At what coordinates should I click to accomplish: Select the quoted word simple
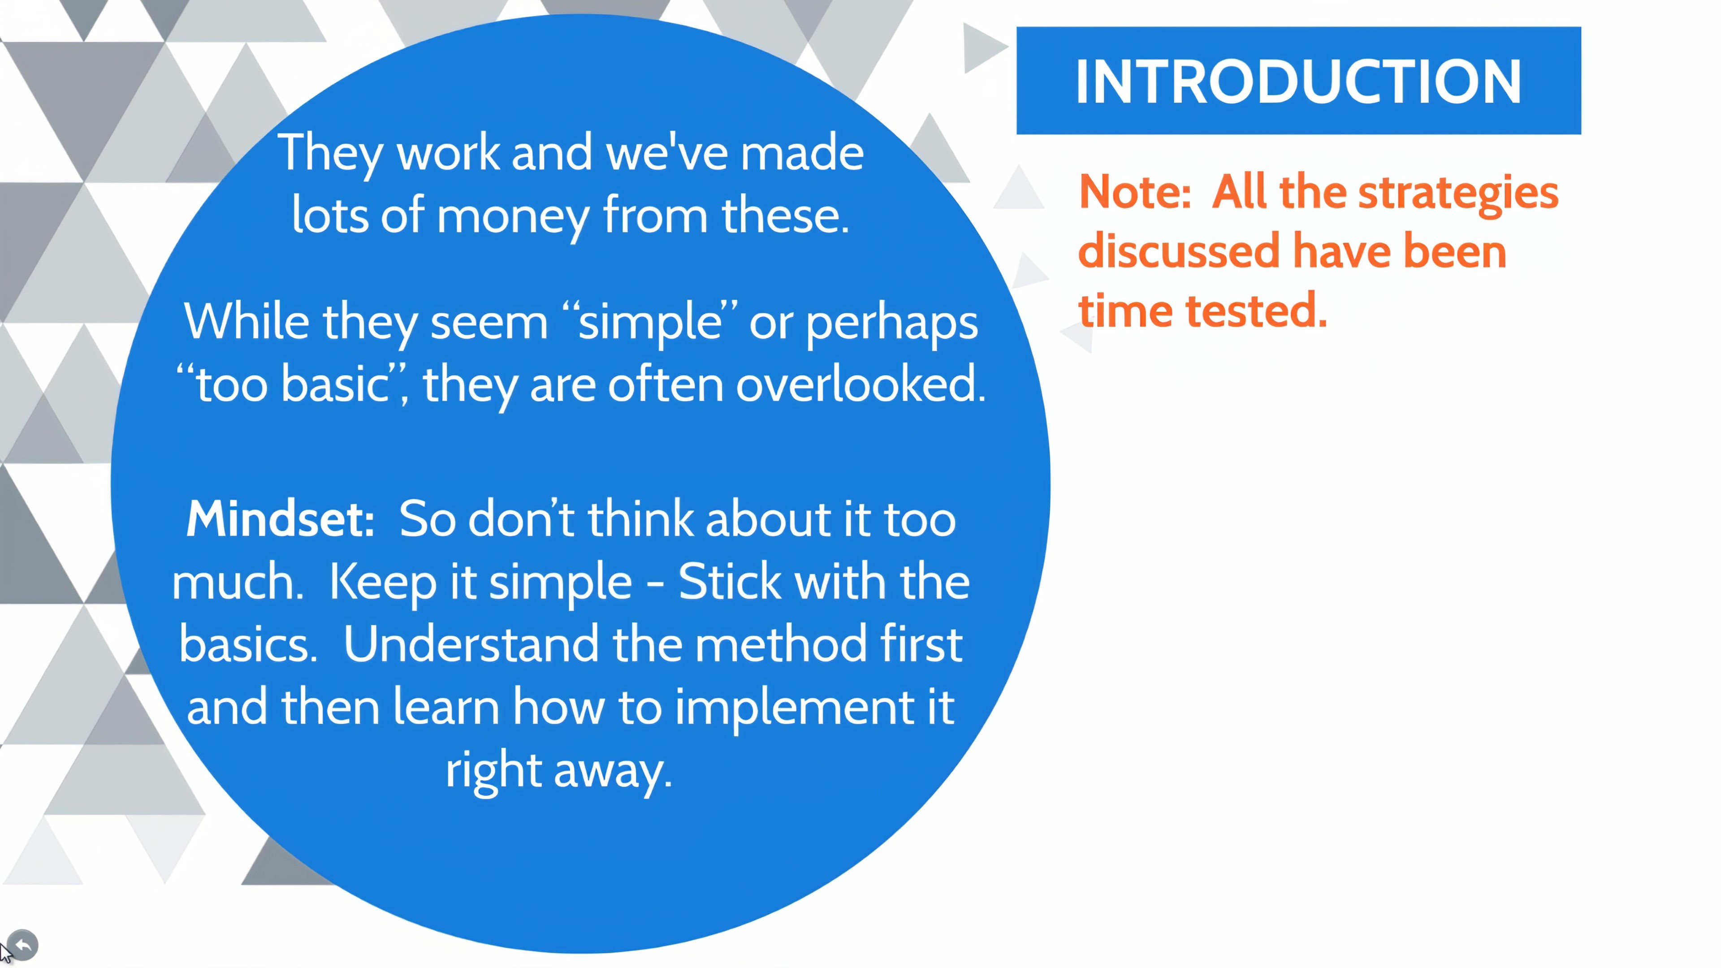pos(649,324)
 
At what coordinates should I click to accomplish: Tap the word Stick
pos(730,581)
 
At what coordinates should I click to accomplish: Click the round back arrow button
pos(23,945)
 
